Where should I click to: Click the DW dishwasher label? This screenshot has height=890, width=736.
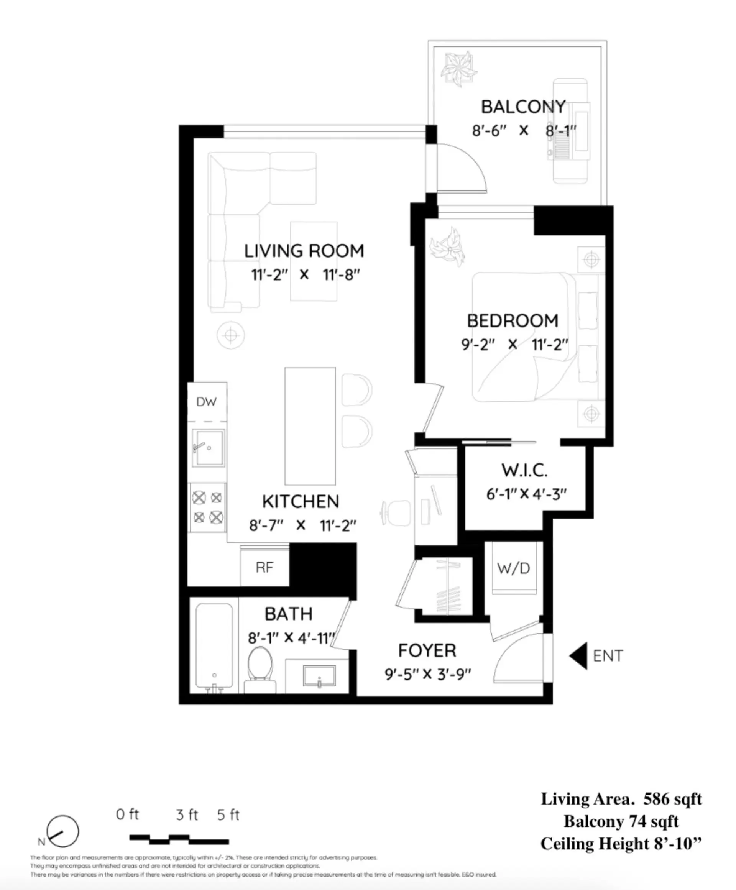click(x=207, y=402)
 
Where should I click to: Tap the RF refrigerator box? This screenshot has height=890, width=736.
click(x=264, y=567)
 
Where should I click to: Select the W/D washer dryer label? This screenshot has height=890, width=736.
click(x=513, y=568)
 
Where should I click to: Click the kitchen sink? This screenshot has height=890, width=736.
click(x=208, y=448)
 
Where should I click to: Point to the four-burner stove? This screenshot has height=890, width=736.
click(x=207, y=507)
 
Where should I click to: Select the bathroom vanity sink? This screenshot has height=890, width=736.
click(x=319, y=676)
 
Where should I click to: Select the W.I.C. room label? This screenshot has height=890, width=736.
click(x=524, y=470)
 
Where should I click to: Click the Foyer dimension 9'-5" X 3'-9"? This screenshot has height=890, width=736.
click(x=428, y=674)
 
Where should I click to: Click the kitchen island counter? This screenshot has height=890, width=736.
click(x=310, y=426)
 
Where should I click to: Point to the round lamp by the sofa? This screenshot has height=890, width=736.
click(x=231, y=335)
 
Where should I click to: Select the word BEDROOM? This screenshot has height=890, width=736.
click(x=513, y=321)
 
